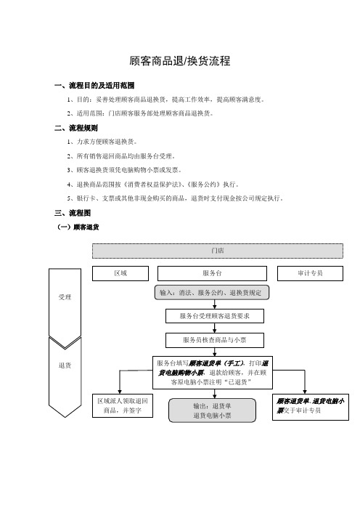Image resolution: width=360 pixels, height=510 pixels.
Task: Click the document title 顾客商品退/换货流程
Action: click(x=180, y=61)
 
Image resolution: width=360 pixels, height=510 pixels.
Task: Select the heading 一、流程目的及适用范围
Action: click(x=94, y=86)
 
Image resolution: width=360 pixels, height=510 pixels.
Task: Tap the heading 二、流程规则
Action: click(x=76, y=128)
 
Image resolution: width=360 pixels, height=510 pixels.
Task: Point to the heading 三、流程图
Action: click(x=73, y=213)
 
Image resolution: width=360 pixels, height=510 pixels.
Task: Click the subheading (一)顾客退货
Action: click(x=78, y=227)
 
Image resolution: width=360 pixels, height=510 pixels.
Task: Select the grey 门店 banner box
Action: click(x=217, y=251)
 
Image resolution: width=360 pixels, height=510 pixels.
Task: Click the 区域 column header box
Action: click(x=120, y=273)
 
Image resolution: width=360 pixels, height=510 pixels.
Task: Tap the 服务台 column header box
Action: click(x=212, y=273)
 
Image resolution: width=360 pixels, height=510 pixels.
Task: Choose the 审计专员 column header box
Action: click(x=310, y=273)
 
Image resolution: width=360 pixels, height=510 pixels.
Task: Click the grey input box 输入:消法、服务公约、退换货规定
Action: click(x=212, y=292)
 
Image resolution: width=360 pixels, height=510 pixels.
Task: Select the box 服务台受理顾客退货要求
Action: click(x=215, y=316)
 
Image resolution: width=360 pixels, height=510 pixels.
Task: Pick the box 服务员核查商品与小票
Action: click(x=215, y=340)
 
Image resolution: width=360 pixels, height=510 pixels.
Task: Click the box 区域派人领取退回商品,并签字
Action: click(x=123, y=405)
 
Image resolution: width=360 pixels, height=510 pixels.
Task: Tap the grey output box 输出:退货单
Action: click(x=212, y=410)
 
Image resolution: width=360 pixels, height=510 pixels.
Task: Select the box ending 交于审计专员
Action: click(x=311, y=406)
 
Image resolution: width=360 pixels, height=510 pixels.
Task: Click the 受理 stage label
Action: click(x=65, y=297)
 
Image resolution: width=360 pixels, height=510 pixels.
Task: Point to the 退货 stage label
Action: click(x=65, y=365)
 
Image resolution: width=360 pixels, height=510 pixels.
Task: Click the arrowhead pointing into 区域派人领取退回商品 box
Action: click(x=120, y=392)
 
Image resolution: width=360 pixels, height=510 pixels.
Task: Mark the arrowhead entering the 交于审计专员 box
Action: click(x=305, y=392)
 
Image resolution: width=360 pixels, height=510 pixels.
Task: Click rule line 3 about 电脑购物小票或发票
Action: click(x=124, y=170)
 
